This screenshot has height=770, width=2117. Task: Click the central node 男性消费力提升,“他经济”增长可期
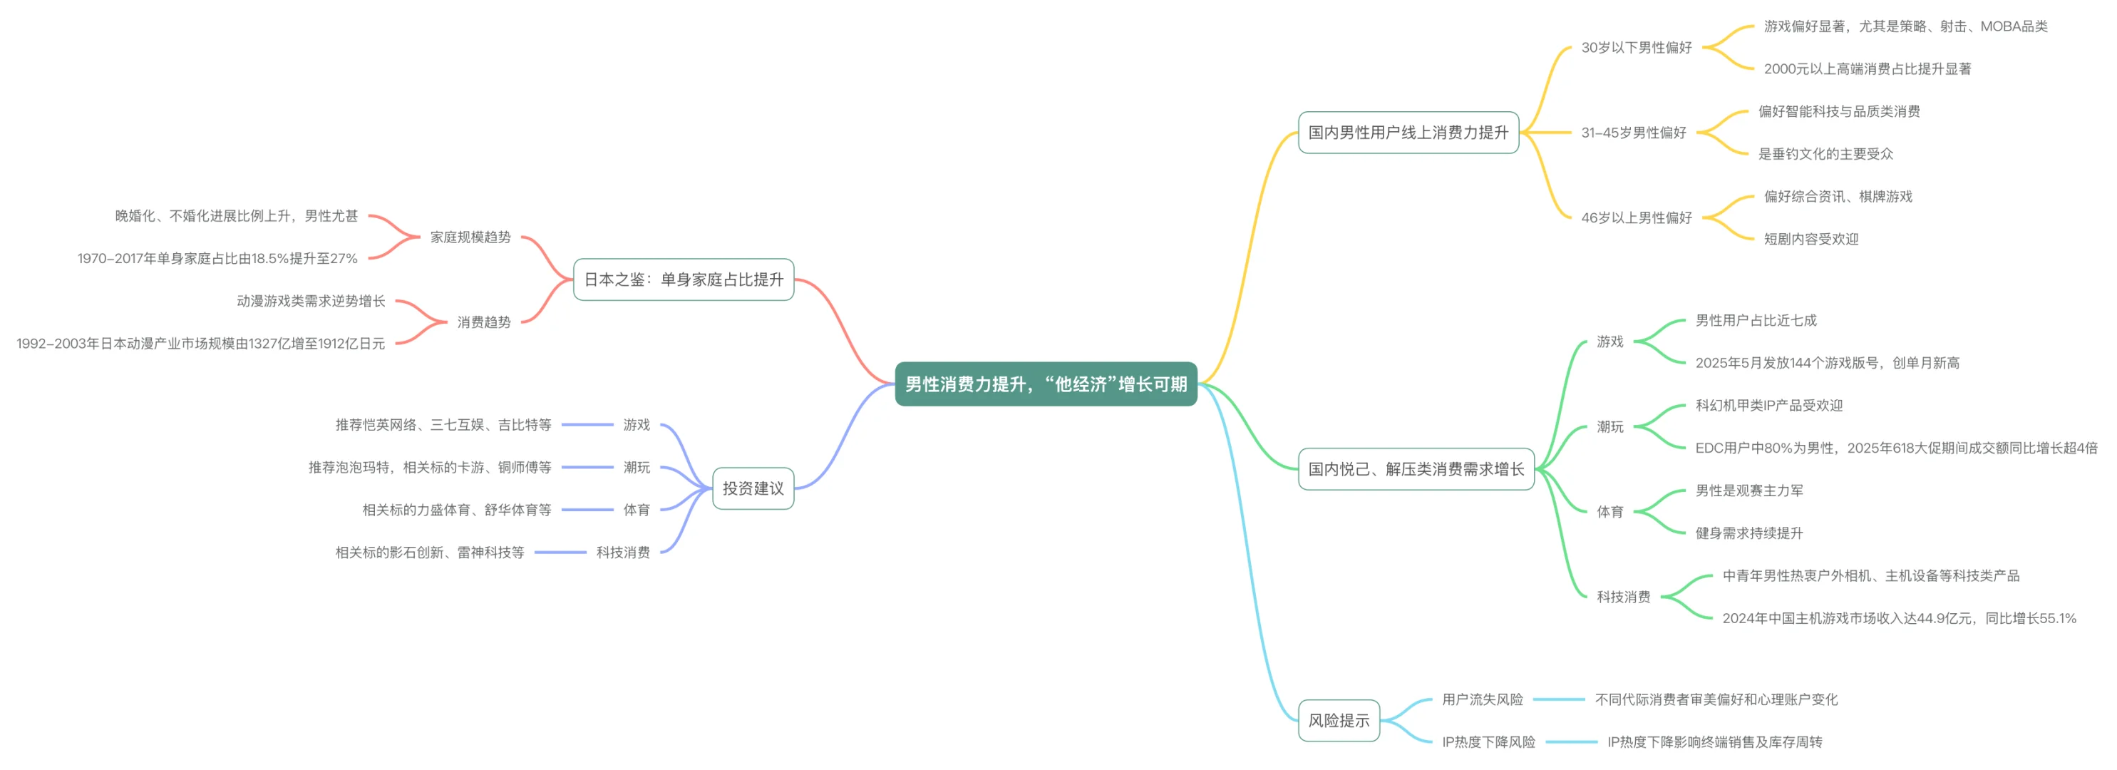[1046, 384]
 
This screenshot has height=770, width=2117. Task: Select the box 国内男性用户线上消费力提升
[1408, 133]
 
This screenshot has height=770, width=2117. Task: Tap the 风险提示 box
[1338, 721]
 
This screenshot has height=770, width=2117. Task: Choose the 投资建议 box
[753, 488]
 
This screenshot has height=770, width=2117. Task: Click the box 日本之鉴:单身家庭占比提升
[683, 279]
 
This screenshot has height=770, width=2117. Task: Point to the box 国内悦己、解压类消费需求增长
[1415, 469]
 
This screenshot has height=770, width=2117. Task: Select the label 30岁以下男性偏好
[1637, 48]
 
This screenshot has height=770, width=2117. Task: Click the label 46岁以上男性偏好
[1637, 217]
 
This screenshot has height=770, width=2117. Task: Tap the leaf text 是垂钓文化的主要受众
[1825, 154]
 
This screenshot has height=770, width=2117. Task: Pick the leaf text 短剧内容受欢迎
[1810, 239]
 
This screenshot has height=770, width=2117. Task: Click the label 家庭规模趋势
[470, 237]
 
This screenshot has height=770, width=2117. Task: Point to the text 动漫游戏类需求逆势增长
[311, 301]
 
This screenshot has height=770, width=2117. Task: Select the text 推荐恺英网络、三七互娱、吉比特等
[443, 425]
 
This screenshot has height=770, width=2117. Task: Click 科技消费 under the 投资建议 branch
[623, 553]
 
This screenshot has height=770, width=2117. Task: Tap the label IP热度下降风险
[1488, 742]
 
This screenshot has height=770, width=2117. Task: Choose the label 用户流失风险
[1482, 699]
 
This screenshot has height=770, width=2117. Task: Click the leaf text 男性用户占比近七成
[1756, 321]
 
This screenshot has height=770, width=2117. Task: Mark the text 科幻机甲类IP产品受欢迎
[1768, 405]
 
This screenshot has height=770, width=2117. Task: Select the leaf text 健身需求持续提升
[1748, 533]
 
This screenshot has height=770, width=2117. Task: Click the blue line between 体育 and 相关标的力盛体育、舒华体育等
[587, 510]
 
